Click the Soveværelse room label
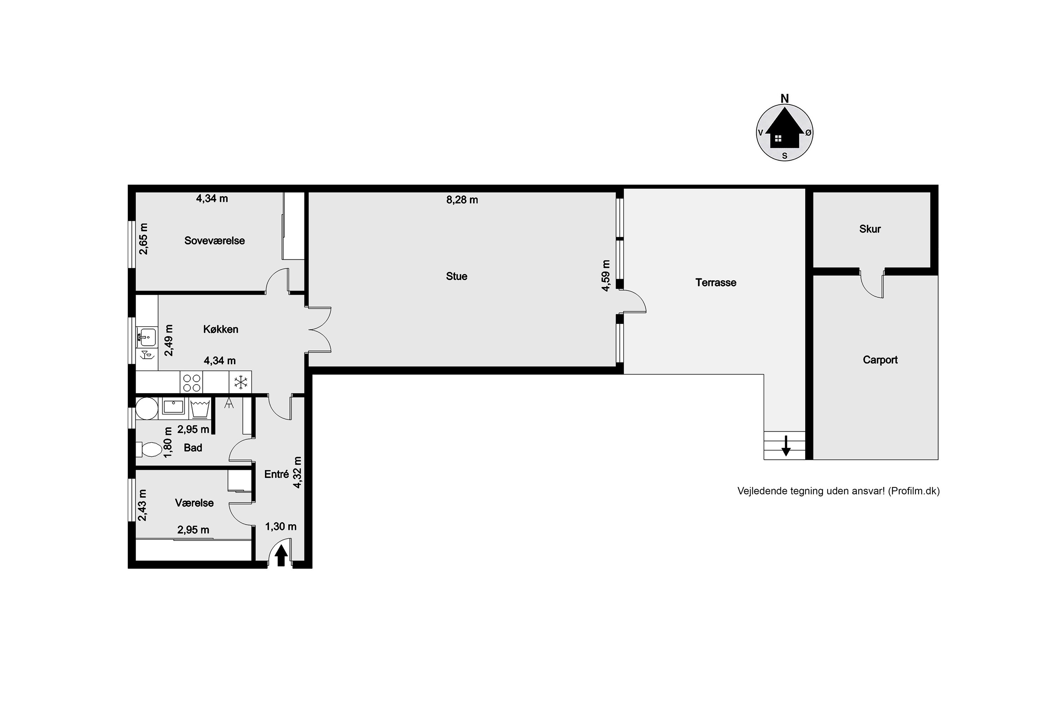tap(214, 241)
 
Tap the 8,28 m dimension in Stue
tap(462, 200)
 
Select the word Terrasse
tap(716, 283)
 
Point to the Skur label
tap(870, 229)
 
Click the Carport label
tap(880, 360)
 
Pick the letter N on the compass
tap(785, 99)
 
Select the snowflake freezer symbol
tap(241, 383)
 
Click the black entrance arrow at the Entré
tap(281, 555)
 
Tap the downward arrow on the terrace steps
tap(786, 445)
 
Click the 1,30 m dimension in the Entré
tap(281, 527)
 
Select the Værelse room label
tap(194, 503)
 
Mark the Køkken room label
tap(221, 329)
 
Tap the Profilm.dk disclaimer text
tap(838, 491)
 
